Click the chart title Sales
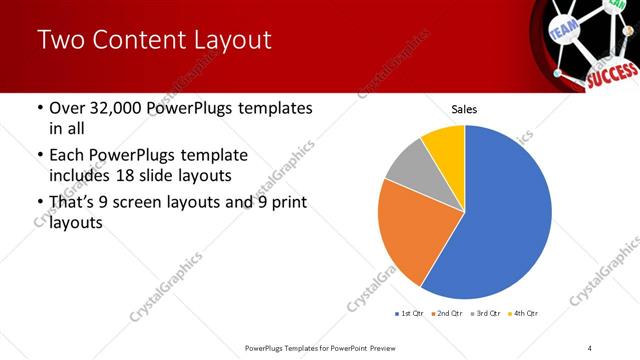coord(465,109)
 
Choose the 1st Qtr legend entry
coord(408,314)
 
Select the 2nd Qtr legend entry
coord(445,314)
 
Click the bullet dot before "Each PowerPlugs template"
coord(39,156)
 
